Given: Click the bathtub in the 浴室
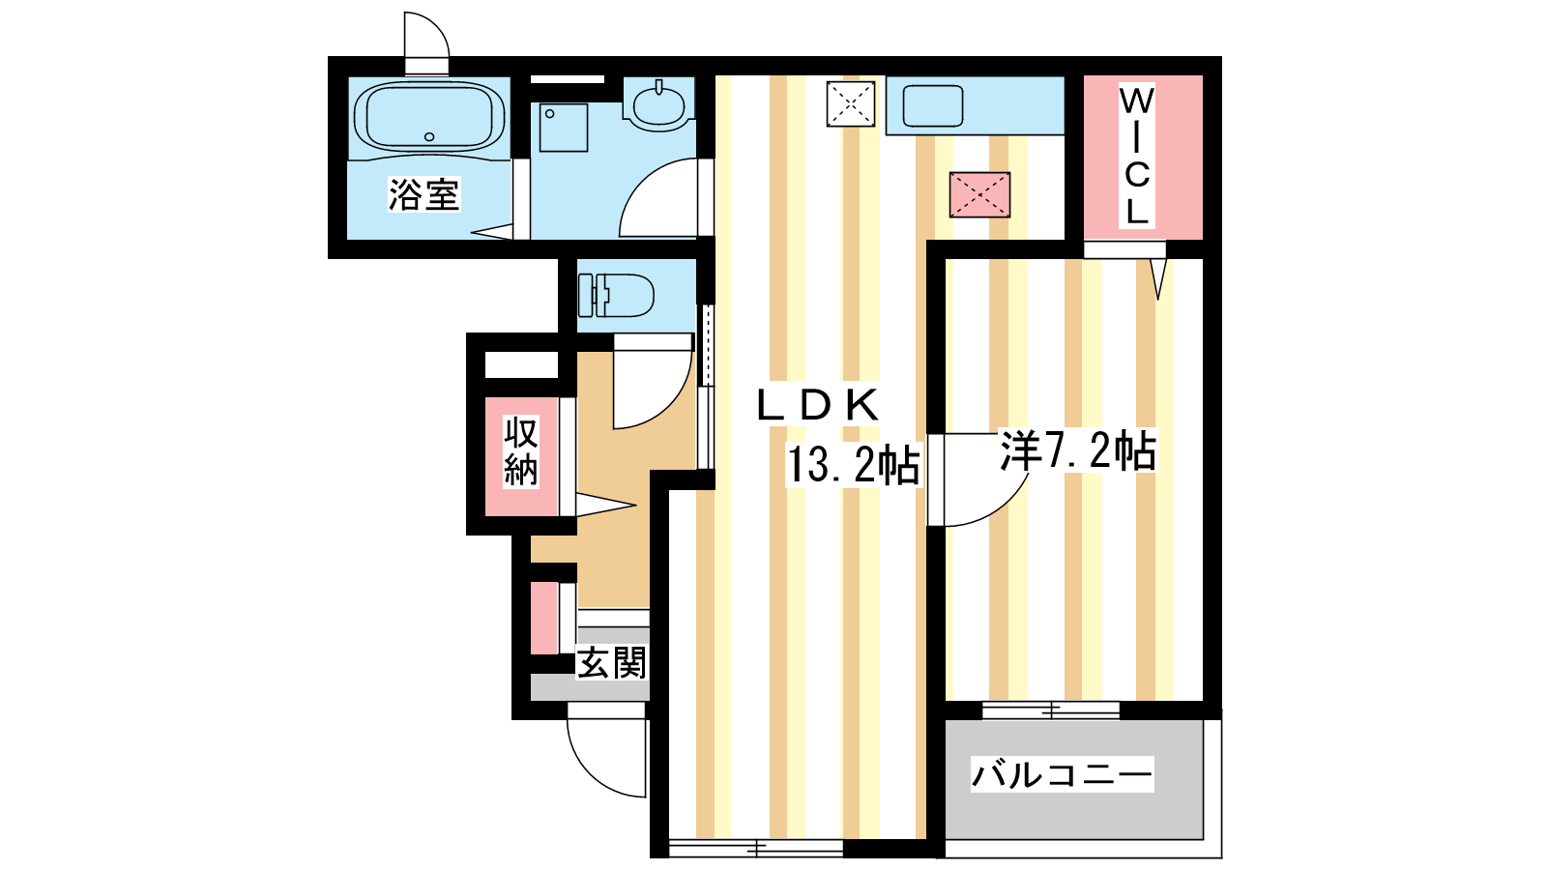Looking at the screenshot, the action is point(429,117).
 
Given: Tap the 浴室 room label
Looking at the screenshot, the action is point(423,194).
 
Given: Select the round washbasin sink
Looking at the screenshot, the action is point(658,105).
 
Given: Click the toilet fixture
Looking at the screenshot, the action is point(616,295).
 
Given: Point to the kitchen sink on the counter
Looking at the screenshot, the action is point(932,105).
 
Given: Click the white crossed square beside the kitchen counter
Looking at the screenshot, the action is point(851,104).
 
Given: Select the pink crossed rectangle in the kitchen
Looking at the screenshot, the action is point(979,194).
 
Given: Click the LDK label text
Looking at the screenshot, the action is point(818,405).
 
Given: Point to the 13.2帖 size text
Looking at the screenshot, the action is point(854,465).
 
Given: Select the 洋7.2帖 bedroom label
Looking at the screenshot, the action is point(1077,450).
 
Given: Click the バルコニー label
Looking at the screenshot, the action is point(1063,774).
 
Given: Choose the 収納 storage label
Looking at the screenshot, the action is point(521,451).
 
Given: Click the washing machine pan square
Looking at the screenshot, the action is point(564,128).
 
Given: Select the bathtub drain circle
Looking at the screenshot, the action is point(429,136).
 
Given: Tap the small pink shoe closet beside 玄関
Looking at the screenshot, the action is point(544,619).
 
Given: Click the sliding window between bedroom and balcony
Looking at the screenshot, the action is point(1051,710).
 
